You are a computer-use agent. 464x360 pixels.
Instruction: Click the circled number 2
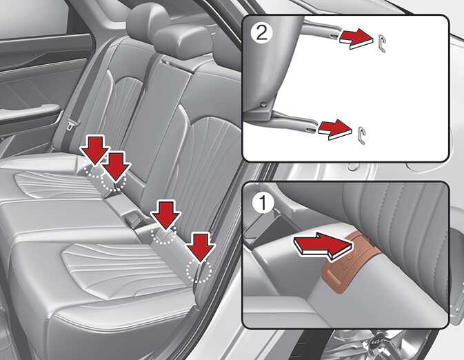[261, 33]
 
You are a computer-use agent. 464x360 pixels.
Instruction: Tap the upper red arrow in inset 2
[355, 38]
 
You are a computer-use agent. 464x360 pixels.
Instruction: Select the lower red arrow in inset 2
[334, 129]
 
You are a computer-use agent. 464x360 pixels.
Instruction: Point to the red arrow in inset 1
[323, 245]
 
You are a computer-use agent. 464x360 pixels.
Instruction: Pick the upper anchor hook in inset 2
[382, 43]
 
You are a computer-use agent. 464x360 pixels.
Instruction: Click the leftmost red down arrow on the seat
[95, 150]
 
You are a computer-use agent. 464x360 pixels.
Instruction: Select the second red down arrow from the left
[115, 166]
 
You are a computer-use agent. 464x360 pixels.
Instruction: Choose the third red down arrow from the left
[165, 214]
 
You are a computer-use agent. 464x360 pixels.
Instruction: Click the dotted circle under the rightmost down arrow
[199, 270]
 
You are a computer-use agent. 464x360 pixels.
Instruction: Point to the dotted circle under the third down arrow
[163, 233]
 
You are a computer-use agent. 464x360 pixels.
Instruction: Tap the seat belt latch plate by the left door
[71, 123]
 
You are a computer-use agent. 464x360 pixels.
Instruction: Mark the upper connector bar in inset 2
[321, 30]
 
